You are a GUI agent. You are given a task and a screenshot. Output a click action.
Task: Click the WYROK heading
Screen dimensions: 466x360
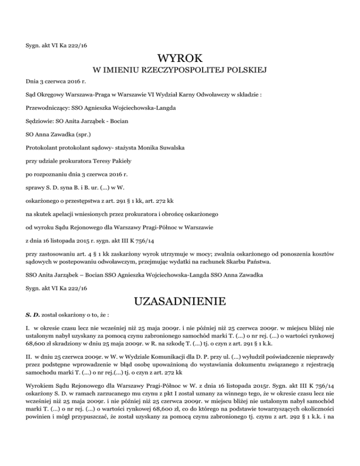point(180,59)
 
